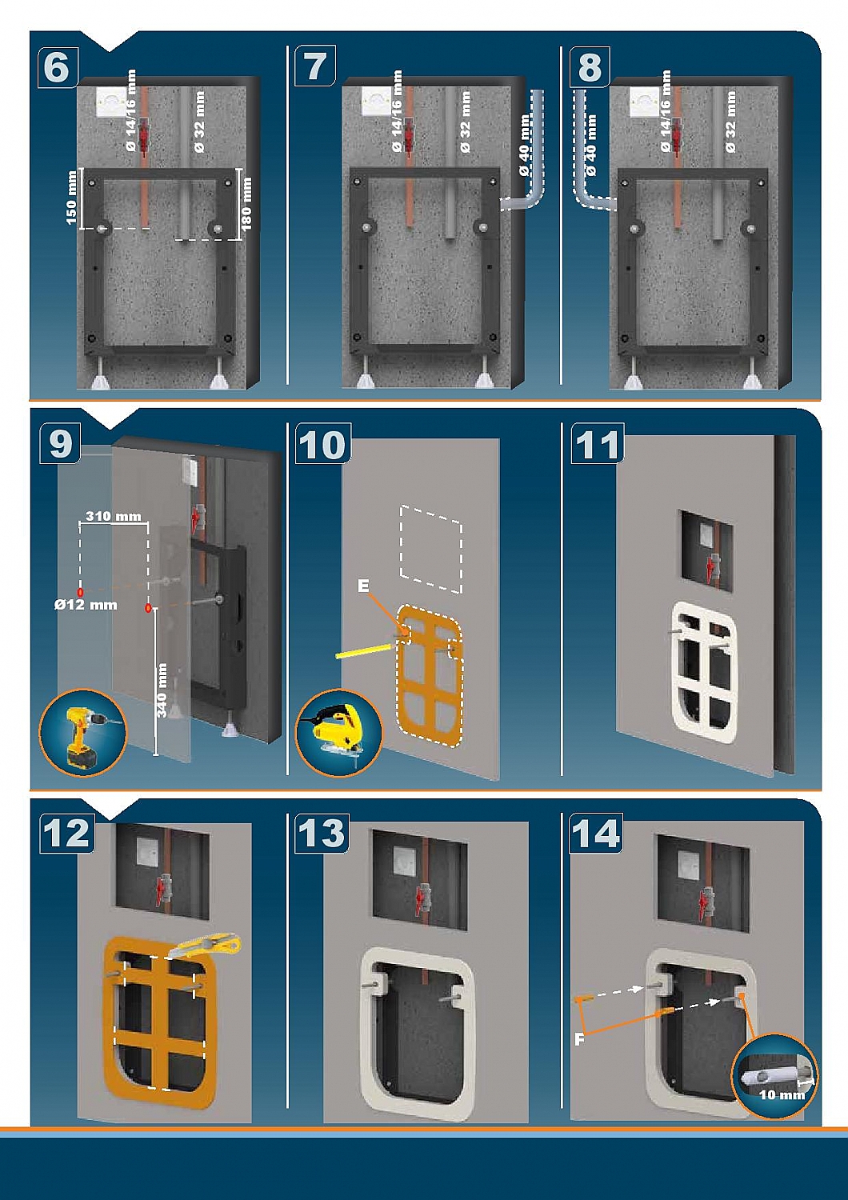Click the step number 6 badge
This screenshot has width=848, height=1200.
[x=58, y=67]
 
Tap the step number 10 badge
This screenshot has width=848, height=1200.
[x=322, y=444]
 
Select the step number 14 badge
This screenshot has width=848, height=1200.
[x=596, y=834]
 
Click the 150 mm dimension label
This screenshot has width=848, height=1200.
[x=71, y=198]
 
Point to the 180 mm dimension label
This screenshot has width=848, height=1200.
[x=246, y=204]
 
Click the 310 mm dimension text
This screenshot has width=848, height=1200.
[x=114, y=516]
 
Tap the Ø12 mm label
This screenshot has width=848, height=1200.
[x=86, y=605]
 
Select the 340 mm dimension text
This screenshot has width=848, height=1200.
[x=162, y=691]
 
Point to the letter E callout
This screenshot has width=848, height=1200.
[x=363, y=586]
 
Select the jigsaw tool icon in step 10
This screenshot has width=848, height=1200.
[x=339, y=732]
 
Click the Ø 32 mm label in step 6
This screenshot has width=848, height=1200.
[x=199, y=121]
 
